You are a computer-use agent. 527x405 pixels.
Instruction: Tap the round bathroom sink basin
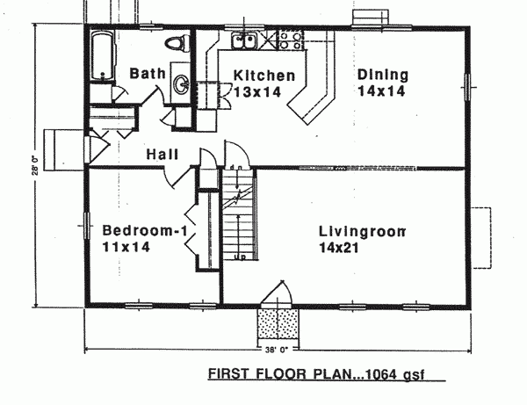coord(182,85)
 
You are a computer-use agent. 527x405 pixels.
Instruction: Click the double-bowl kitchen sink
coord(243,40)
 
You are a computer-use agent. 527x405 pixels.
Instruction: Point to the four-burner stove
coord(289,39)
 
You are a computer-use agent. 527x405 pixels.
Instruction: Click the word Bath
coord(147,74)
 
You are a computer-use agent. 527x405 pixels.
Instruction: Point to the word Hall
coord(163,155)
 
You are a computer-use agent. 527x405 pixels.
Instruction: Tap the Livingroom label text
coord(362,233)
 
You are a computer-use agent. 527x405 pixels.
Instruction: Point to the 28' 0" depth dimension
coord(37,166)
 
